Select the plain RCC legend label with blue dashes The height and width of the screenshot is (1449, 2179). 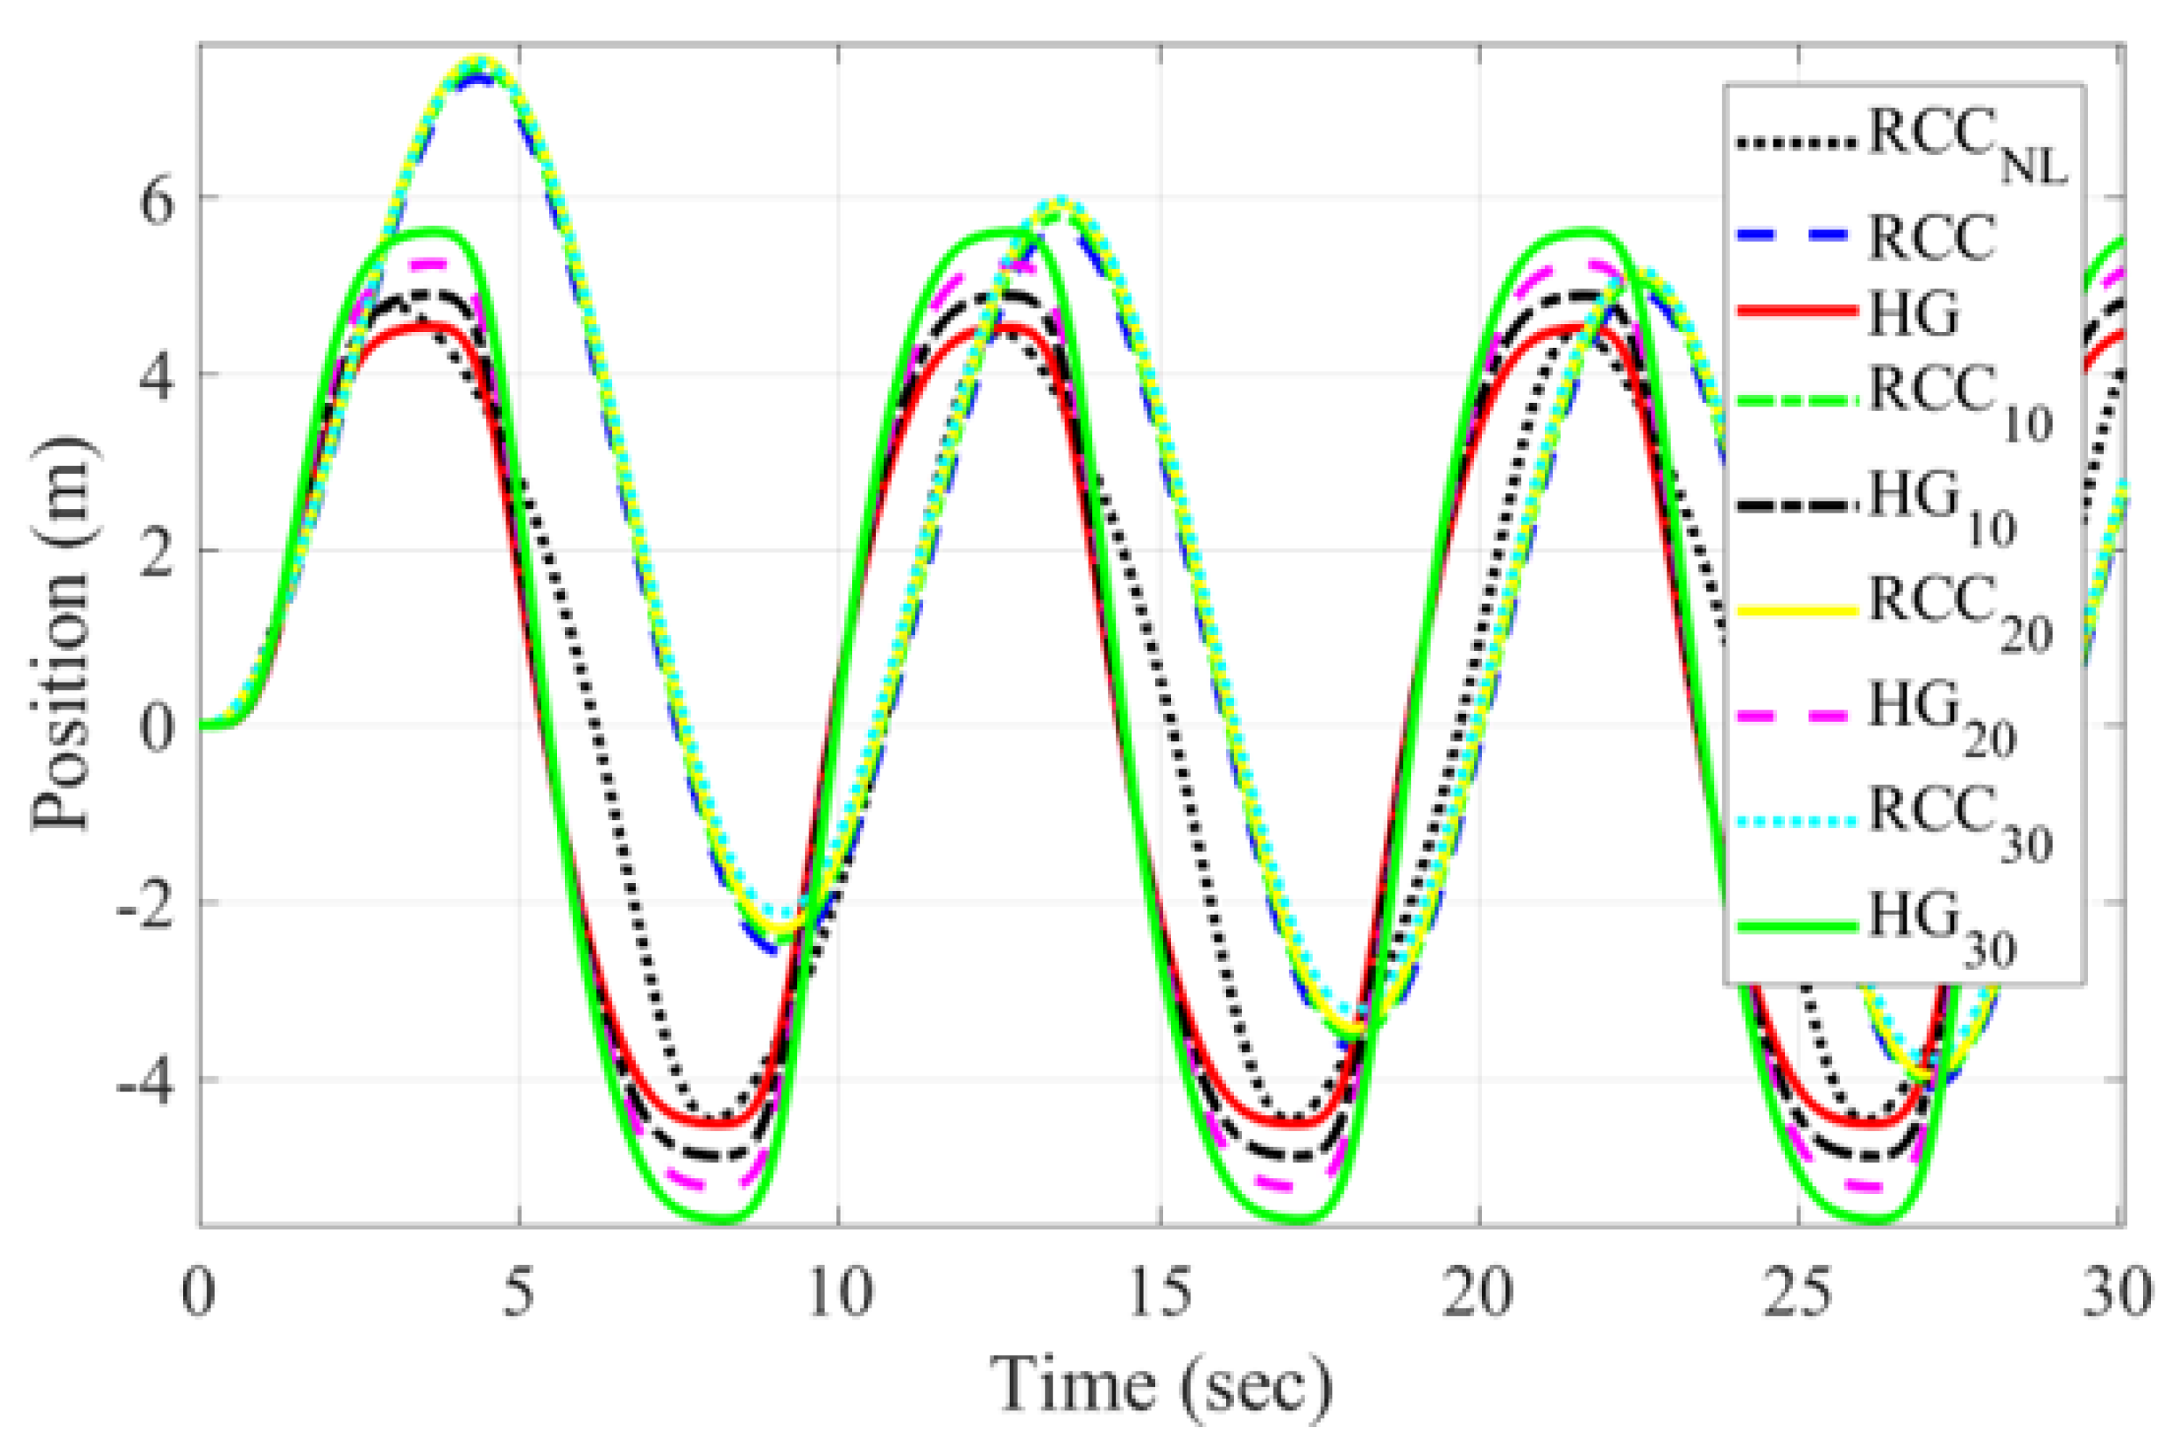pyautogui.click(x=1930, y=237)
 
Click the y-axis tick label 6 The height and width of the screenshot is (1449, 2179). pyautogui.click(x=156, y=200)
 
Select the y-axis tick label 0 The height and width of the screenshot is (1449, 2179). pyautogui.click(x=156, y=726)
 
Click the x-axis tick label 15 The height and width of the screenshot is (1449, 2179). pyautogui.click(x=1160, y=1294)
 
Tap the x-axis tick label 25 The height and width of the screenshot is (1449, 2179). pyautogui.click(x=1797, y=1294)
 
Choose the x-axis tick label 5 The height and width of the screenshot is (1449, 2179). pyautogui.click(x=519, y=1294)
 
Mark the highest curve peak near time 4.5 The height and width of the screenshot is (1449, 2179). pyautogui.click(x=480, y=63)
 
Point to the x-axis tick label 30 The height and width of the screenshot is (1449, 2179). pyautogui.click(x=2117, y=1294)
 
